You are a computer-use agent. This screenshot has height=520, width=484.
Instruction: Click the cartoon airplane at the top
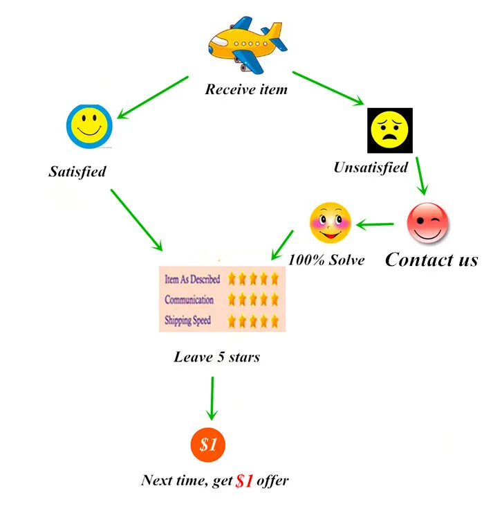[247, 46]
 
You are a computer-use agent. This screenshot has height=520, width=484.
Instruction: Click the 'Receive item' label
[246, 89]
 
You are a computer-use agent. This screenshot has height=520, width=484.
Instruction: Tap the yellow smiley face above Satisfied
[89, 126]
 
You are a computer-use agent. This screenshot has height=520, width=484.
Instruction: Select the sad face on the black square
[389, 130]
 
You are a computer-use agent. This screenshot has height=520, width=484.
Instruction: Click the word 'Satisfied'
[77, 170]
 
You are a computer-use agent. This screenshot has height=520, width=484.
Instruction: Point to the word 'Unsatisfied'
[371, 167]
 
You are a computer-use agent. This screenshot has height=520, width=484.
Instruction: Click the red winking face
[428, 224]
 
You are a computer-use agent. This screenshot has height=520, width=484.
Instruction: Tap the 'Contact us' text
[431, 260]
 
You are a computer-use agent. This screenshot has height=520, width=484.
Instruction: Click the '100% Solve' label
[326, 260]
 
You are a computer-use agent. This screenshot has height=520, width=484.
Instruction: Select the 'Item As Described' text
[192, 280]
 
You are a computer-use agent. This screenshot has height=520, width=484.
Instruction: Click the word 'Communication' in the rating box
[189, 300]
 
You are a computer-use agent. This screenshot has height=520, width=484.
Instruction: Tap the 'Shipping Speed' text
[187, 321]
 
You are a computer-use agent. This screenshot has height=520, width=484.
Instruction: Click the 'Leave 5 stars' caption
[217, 357]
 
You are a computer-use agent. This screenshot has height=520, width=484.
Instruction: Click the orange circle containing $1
[208, 445]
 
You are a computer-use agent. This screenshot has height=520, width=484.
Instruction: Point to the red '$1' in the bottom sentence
[244, 481]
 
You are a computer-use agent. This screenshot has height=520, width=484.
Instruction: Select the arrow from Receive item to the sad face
[328, 88]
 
